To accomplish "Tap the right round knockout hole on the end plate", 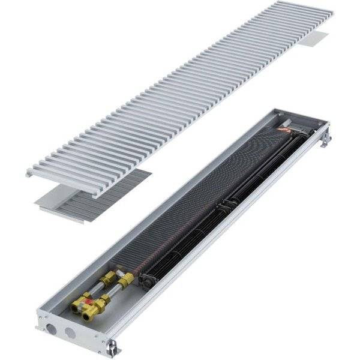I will (70, 332).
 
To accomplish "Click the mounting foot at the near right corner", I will (112, 347).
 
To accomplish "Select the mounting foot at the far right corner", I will (326, 139).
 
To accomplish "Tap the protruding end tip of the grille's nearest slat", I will (29, 173).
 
